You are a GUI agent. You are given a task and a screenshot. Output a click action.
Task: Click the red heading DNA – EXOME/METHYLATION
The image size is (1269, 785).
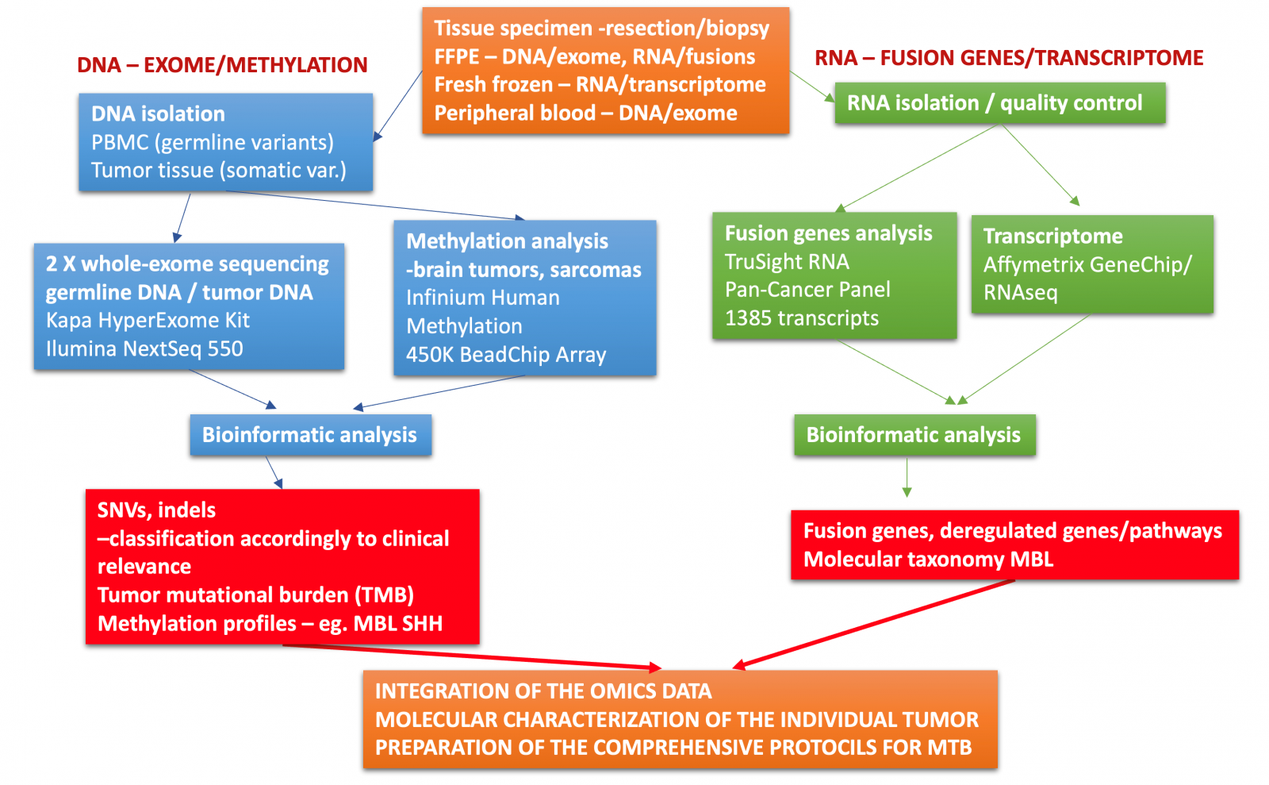point(222,65)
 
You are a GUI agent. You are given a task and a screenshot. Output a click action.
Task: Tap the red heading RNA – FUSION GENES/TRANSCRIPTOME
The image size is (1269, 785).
point(1009,58)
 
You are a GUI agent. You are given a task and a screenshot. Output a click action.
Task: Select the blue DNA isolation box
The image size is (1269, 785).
point(225,142)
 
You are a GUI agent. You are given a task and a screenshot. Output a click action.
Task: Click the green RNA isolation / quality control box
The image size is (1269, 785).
point(999,103)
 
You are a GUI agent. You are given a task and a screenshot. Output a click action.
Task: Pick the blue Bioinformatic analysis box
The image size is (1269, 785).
point(310,435)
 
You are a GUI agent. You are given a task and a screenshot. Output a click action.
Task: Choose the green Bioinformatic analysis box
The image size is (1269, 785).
point(914,435)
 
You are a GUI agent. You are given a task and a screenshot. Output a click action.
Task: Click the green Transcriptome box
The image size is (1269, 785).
point(1091,264)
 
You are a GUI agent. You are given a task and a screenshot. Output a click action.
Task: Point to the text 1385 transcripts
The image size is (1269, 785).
point(801,318)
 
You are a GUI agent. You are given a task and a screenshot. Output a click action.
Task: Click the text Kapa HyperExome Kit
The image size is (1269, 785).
point(148,321)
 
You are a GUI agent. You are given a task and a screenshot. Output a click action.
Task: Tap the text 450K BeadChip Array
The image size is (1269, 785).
point(506,355)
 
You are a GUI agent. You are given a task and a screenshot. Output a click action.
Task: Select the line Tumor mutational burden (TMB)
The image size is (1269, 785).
point(255,595)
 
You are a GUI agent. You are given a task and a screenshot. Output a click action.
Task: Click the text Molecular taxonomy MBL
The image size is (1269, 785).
point(928,560)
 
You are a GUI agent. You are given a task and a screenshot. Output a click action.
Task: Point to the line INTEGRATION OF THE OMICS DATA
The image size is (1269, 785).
point(543,691)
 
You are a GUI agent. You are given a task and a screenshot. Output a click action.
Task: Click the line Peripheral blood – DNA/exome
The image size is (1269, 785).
point(585,114)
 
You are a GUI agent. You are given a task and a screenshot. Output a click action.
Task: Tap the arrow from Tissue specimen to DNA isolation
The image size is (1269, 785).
point(398,106)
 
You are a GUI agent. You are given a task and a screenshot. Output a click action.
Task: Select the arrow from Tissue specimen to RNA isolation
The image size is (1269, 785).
point(811,87)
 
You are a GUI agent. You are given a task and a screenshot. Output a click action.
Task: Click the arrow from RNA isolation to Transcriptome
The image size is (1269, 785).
point(1041,165)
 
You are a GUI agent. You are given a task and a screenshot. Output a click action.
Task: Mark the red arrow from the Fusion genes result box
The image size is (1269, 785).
point(872,623)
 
